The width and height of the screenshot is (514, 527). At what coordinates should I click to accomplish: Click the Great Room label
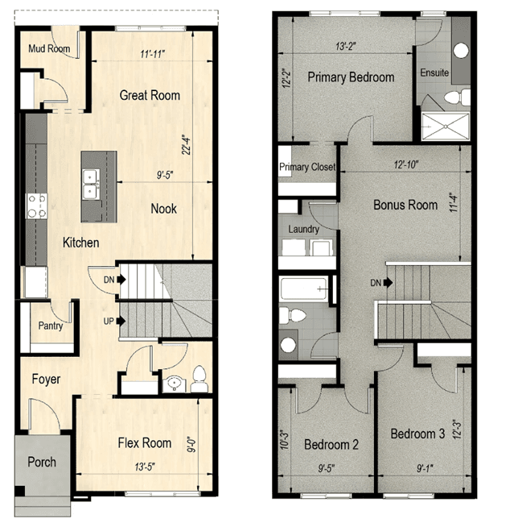click(150, 95)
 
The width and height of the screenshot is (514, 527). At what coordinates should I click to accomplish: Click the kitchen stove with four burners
click(37, 206)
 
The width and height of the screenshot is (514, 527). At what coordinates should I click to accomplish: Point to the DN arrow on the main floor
click(121, 280)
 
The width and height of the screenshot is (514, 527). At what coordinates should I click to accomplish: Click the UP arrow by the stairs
click(121, 321)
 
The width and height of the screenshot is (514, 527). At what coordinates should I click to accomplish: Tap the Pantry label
click(51, 326)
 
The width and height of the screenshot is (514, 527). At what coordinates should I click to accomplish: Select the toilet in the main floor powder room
click(199, 379)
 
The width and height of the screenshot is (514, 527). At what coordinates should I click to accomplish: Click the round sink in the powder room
click(175, 384)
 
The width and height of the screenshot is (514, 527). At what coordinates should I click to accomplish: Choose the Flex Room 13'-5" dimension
click(145, 467)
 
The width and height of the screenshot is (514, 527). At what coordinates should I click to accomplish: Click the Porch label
click(42, 463)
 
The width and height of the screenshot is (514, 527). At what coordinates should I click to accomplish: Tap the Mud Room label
click(49, 48)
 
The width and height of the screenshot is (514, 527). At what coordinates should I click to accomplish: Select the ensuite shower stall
click(445, 127)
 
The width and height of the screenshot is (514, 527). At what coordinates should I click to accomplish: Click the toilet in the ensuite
click(457, 98)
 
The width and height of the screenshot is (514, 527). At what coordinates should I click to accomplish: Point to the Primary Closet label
click(307, 167)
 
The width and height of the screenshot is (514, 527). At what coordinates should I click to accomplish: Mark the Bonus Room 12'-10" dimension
click(406, 164)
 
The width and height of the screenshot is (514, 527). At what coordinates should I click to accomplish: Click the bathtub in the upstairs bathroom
click(303, 288)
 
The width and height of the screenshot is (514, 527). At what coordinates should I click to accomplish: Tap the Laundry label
click(303, 229)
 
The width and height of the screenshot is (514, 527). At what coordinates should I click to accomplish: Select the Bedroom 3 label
click(417, 434)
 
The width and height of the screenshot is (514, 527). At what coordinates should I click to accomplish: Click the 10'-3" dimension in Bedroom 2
click(284, 440)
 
